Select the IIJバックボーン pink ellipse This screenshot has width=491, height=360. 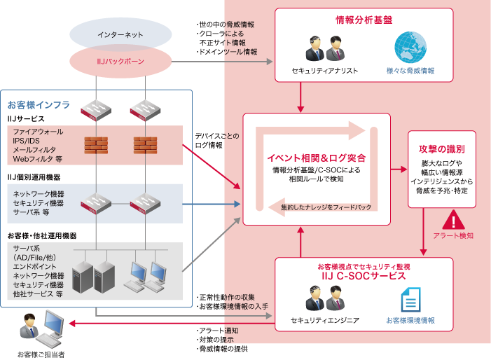(121, 62)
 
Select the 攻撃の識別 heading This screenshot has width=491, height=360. (442, 149)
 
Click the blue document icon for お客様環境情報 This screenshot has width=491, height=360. (410, 300)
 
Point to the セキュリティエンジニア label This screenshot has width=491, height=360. (325, 320)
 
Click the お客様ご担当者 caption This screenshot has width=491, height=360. (41, 354)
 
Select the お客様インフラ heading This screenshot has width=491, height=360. (39, 104)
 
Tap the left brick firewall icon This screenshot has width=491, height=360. (96, 144)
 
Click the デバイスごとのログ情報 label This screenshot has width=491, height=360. (216, 140)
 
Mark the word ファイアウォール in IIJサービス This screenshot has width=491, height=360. (38, 131)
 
